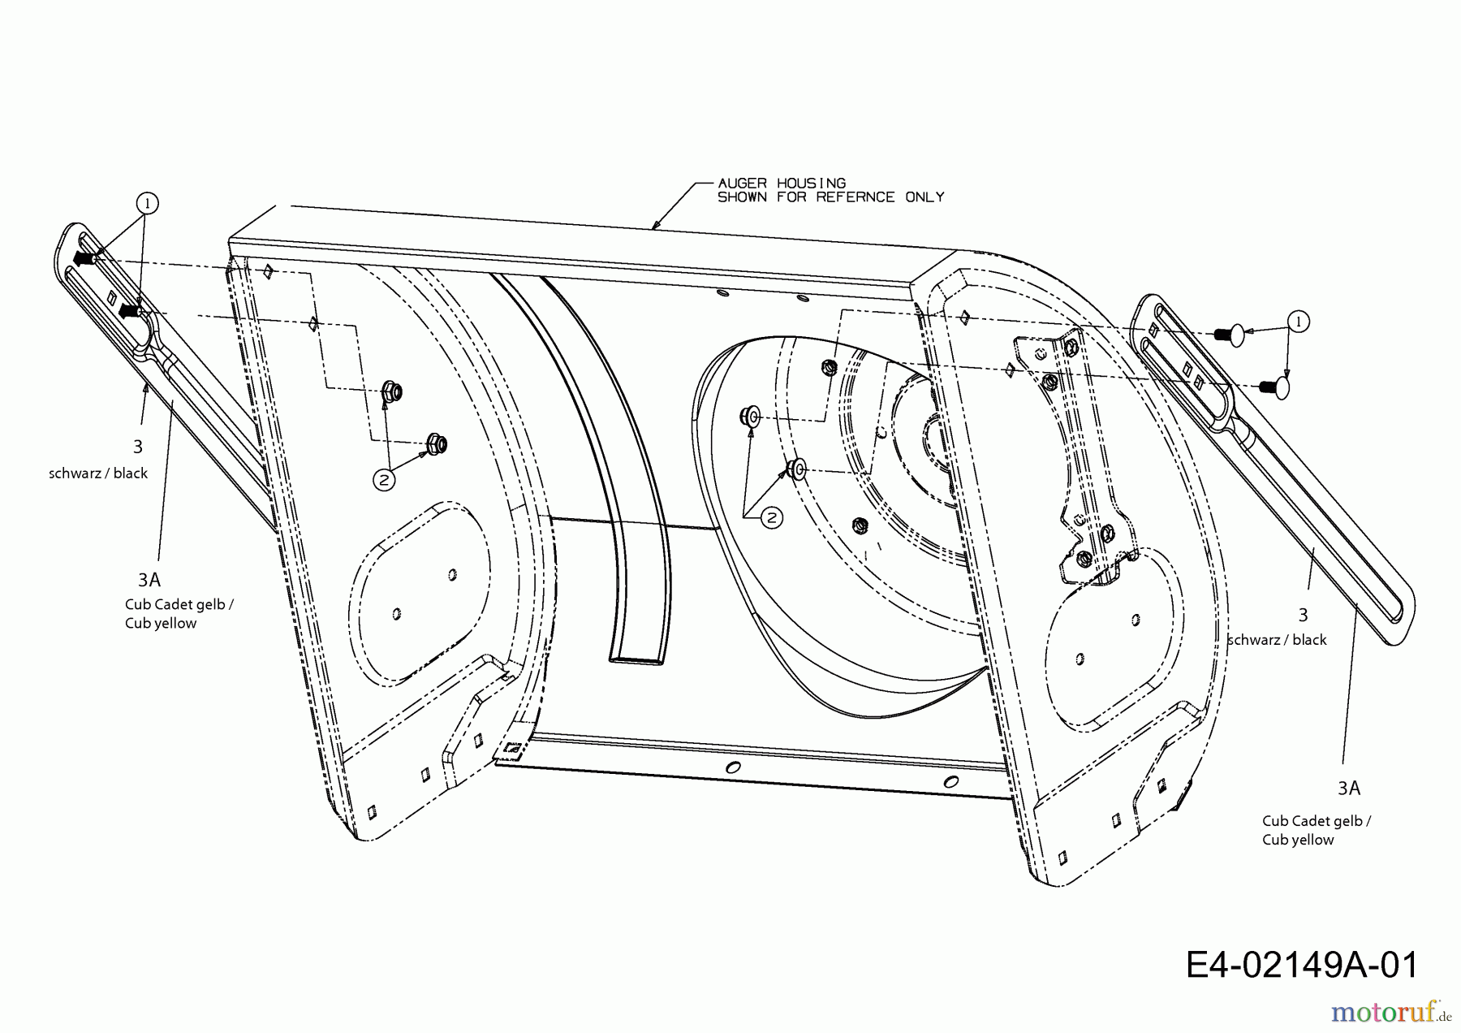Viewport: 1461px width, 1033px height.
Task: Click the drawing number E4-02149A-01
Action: click(1302, 966)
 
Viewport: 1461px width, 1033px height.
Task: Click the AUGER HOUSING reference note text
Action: click(830, 190)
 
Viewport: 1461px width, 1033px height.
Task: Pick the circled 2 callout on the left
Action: click(384, 480)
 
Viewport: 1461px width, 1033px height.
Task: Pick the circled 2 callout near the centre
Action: click(772, 517)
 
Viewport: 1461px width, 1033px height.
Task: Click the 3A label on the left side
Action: click(149, 580)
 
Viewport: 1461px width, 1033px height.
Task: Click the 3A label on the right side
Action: click(1349, 788)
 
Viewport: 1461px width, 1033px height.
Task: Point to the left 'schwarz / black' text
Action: click(98, 473)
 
